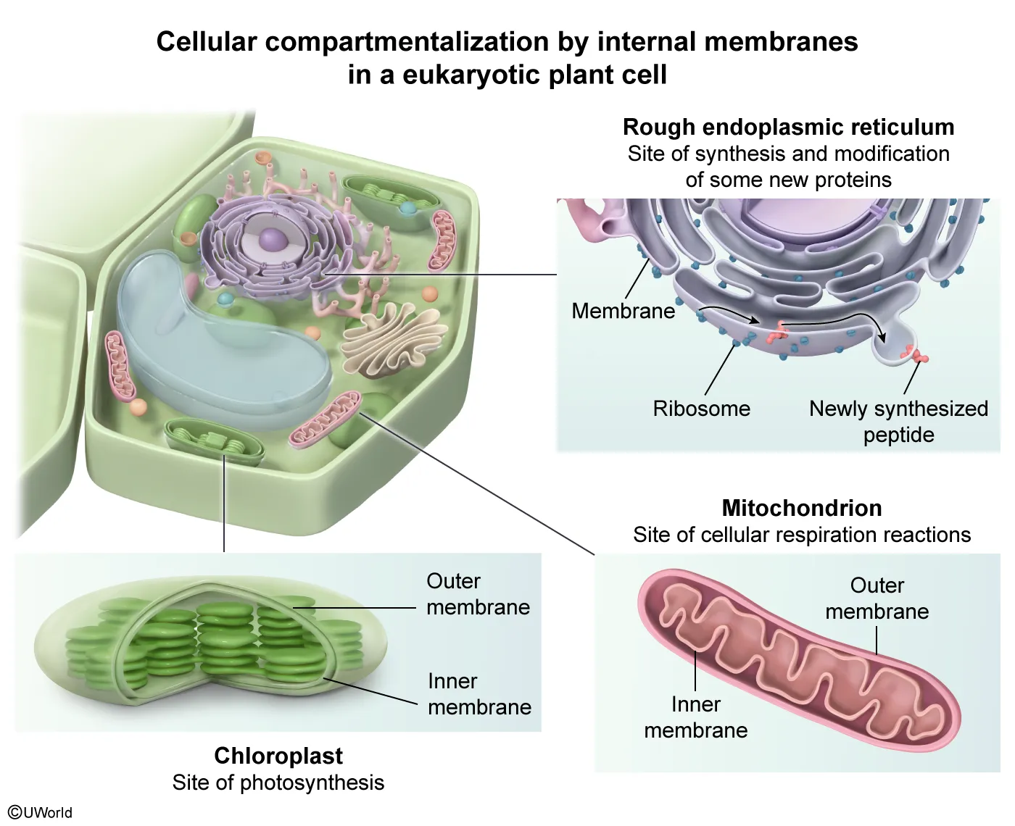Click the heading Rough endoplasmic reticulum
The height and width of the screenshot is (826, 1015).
click(788, 127)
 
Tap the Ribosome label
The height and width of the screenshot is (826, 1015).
click(701, 409)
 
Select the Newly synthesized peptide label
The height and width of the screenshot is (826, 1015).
click(898, 421)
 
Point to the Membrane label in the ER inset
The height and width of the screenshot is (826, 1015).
click(623, 311)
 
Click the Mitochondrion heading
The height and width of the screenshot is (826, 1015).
click(802, 507)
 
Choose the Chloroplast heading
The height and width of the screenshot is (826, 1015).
click(278, 756)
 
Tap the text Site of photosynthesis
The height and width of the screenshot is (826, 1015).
click(278, 783)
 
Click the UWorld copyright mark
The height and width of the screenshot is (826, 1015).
click(41, 812)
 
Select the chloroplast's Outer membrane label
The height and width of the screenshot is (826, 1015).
click(478, 594)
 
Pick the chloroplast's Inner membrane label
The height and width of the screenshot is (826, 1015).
click(479, 694)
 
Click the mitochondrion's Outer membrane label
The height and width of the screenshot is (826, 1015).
click(877, 598)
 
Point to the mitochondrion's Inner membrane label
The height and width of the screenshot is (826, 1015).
click(695, 717)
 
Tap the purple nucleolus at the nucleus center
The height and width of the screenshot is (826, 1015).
click(273, 238)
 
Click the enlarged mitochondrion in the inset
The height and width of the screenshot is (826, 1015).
click(797, 659)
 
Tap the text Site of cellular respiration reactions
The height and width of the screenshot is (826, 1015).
click(802, 535)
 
